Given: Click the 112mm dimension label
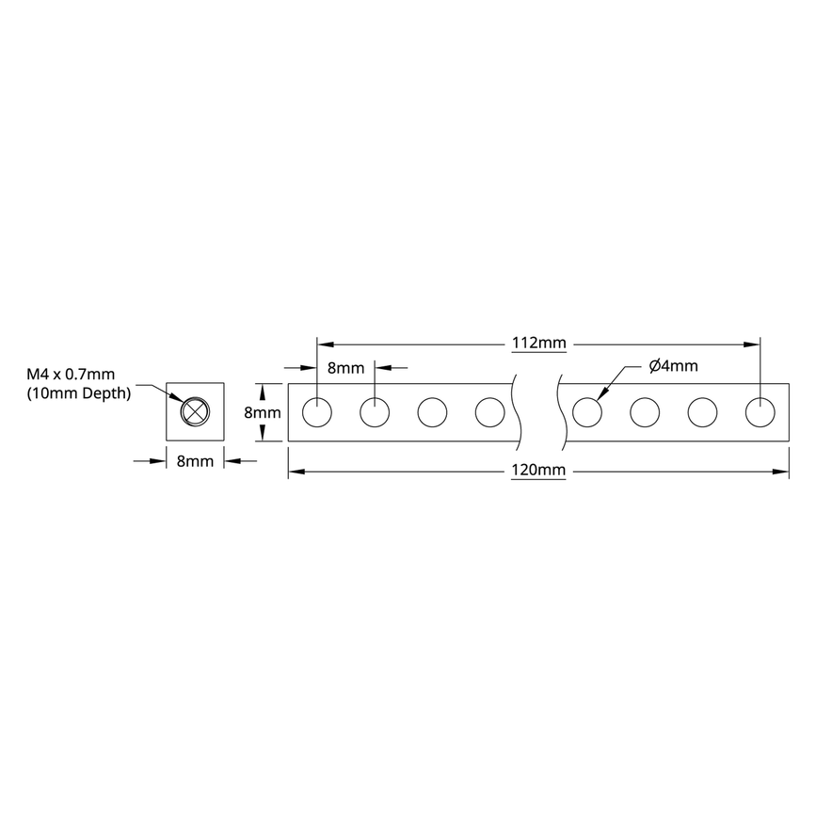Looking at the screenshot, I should coord(539,344).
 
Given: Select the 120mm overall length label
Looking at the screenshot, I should coord(539,472).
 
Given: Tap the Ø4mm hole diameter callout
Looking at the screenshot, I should coord(673,366).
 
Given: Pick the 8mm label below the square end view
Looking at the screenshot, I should coord(195,460).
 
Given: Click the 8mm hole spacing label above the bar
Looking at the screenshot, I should coord(344,368).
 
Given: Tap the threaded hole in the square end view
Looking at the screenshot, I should coord(195,412).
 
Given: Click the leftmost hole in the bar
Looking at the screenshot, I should coord(317,412).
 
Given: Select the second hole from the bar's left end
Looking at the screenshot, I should coord(375,412).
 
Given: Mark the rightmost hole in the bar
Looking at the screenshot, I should coord(760,412).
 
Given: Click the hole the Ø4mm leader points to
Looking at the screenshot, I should coord(587,412).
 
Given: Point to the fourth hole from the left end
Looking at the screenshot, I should coord(489,412).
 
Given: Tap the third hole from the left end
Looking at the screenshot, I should coord(432,412).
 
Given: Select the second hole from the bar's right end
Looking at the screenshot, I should coord(702,412).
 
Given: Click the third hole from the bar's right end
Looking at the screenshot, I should coord(645,412).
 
